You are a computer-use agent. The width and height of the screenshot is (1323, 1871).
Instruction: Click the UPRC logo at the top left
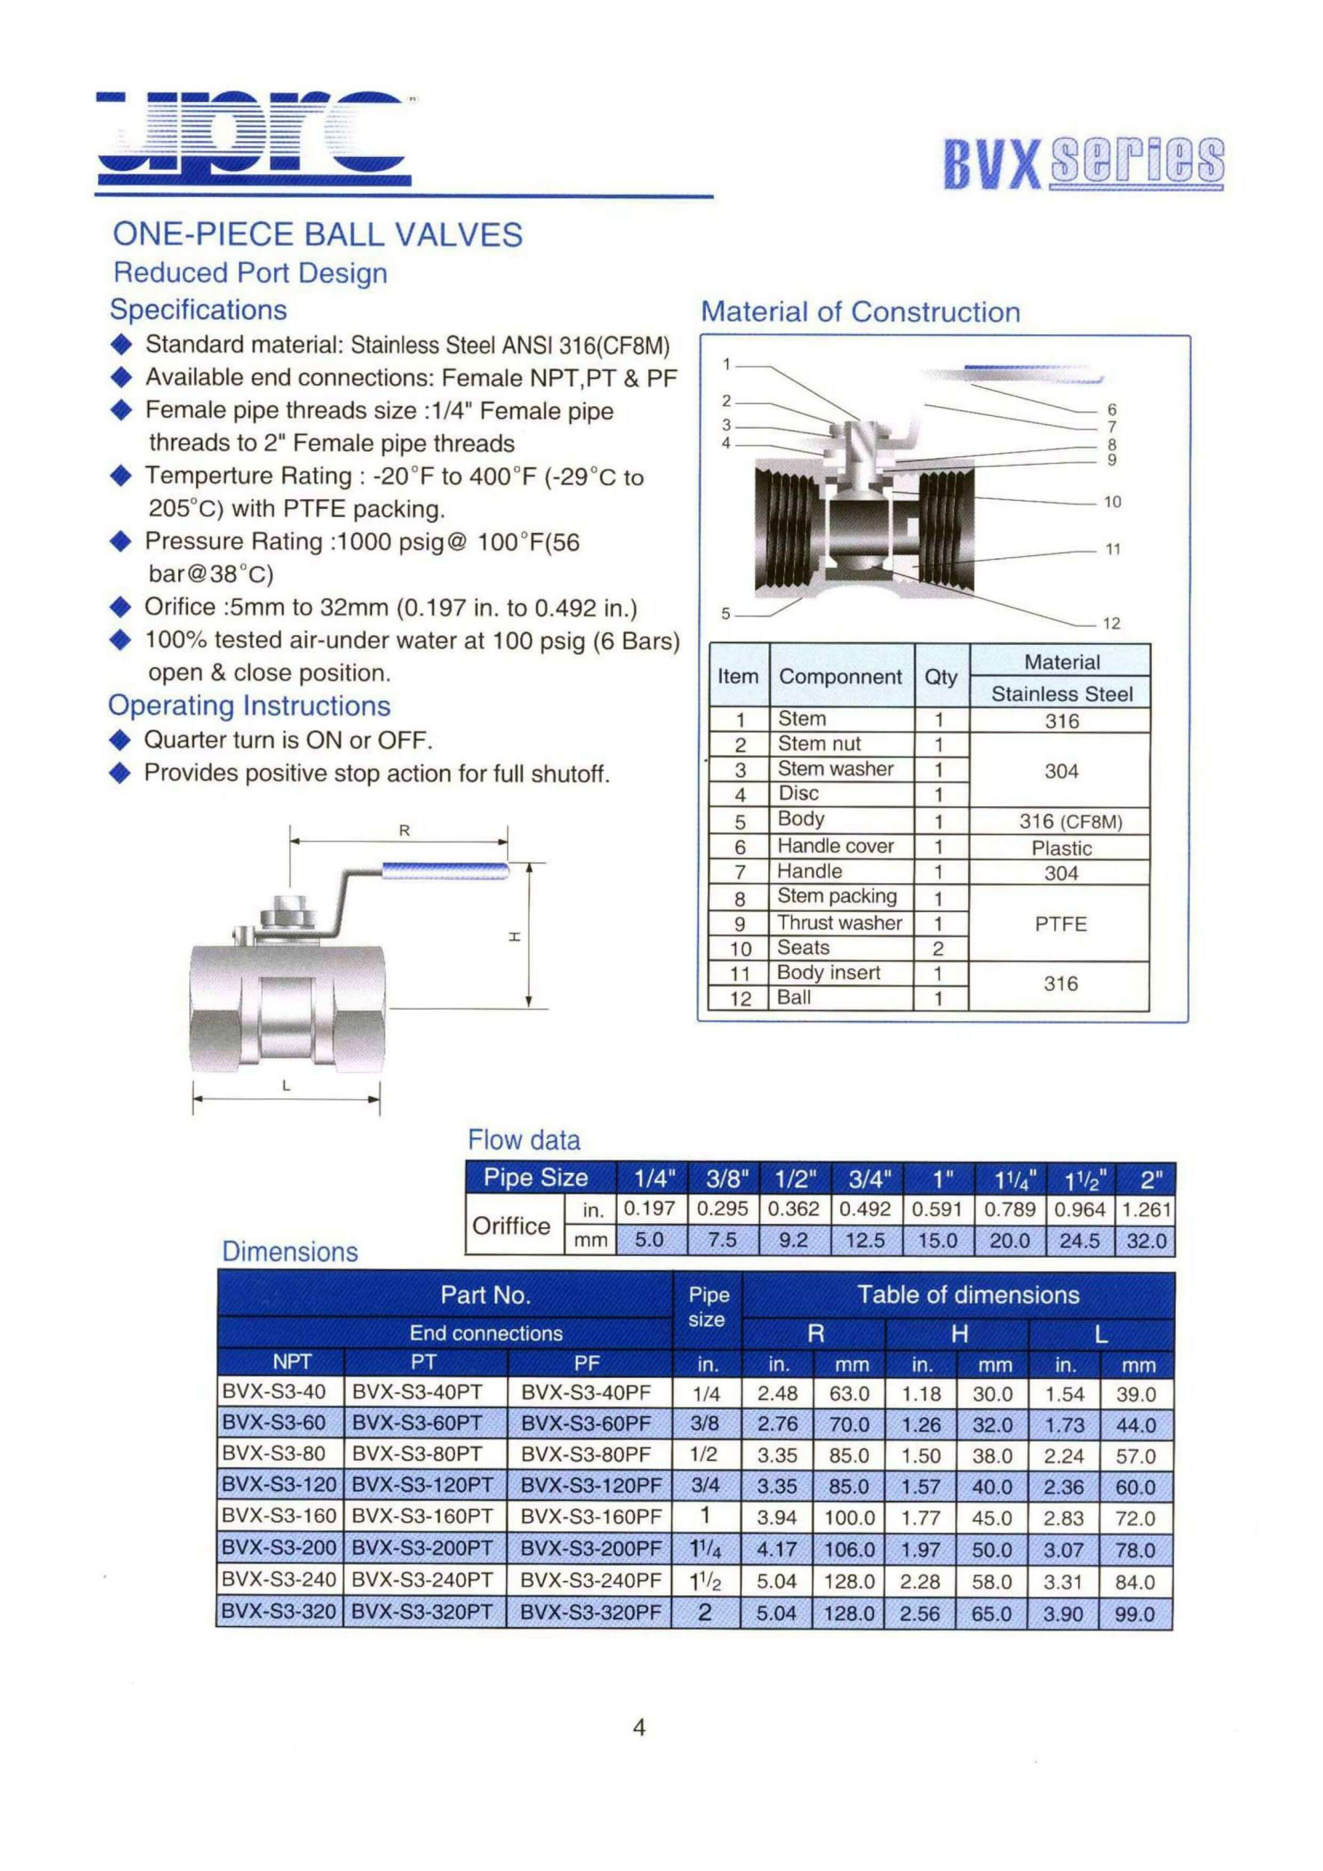253,139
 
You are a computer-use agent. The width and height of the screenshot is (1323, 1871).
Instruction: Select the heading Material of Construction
860,312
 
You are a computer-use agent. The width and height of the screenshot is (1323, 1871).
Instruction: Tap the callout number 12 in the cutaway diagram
1111,623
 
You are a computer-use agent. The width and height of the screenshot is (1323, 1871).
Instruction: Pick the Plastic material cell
1062,849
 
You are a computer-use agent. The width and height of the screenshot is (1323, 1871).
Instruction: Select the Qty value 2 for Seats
938,948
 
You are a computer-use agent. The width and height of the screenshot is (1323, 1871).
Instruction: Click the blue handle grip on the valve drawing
445,871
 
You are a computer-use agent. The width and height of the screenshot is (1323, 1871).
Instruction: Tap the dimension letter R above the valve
404,831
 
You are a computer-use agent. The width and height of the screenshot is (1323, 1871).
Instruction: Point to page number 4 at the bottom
639,1727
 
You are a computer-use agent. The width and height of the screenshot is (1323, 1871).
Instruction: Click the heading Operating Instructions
250,706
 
